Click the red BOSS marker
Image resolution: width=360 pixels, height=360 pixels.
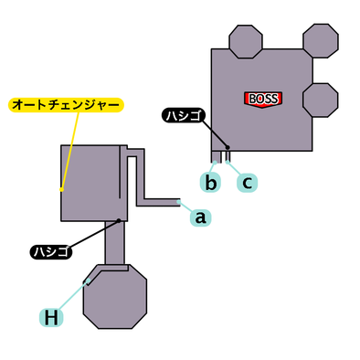[263, 99]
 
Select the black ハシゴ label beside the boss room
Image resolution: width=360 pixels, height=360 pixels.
[184, 115]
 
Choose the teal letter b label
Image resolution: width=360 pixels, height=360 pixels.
[211, 183]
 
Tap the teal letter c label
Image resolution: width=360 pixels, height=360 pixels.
[246, 183]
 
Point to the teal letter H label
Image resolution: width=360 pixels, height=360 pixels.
[51, 317]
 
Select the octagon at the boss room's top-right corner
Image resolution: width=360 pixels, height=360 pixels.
[320, 40]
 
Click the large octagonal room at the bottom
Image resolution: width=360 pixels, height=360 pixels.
[115, 298]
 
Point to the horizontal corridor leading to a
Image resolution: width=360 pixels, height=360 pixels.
[157, 202]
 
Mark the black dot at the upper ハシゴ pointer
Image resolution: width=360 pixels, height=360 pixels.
[227, 147]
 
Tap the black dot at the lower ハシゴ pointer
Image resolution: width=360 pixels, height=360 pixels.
[119, 220]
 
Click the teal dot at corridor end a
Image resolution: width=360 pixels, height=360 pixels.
[180, 202]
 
